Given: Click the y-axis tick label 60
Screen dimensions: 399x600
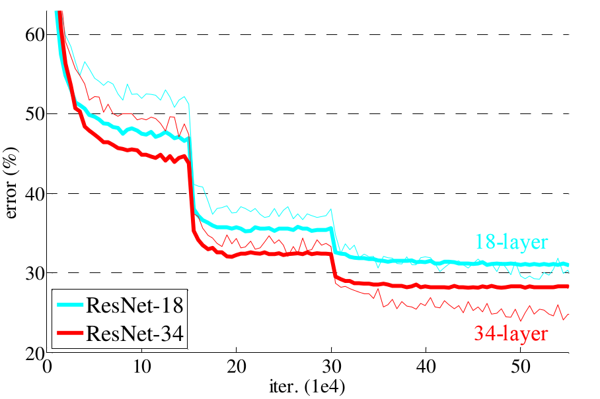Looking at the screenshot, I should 33,34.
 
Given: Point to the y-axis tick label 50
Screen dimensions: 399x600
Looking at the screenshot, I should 33,114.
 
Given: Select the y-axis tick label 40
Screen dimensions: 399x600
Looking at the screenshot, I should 33,194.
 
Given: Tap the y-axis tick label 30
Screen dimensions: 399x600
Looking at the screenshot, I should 33,273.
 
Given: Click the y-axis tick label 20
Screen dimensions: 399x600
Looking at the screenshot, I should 33,353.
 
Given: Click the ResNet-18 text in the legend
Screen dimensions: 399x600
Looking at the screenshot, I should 135,305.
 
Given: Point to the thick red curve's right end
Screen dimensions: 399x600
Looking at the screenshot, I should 568,286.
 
